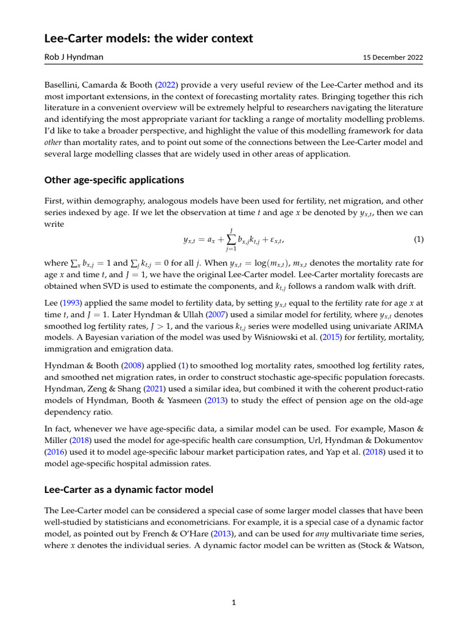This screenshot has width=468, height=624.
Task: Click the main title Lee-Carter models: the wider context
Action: [x=149, y=39]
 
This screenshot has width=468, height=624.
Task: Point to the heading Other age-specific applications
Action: [x=114, y=180]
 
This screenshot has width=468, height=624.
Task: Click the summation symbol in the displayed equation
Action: [x=231, y=239]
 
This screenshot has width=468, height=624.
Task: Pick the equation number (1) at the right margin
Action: [x=418, y=239]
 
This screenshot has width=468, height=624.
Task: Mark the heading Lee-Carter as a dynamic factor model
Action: [x=129, y=490]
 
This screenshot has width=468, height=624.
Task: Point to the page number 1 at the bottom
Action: [x=233, y=603]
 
